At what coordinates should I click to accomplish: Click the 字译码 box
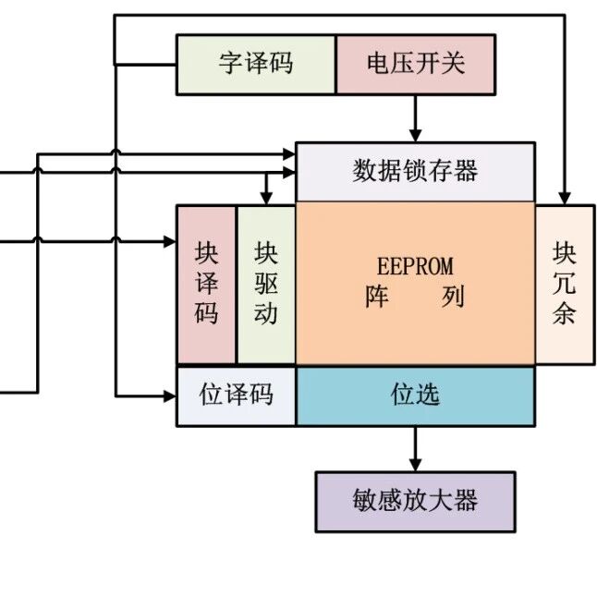point(256,64)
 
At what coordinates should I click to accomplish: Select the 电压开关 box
point(415,64)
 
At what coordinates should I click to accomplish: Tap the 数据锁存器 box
point(415,171)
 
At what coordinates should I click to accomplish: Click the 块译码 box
point(206,284)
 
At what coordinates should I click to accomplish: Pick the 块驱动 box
point(266,284)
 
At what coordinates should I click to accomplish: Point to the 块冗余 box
point(564,284)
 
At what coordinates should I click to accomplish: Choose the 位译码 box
point(237,395)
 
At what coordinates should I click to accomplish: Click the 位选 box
point(415,395)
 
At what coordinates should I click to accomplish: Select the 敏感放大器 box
point(415,501)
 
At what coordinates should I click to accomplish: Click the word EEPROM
point(415,266)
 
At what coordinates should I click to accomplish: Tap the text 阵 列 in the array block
point(415,298)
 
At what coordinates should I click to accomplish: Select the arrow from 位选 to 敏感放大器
point(415,448)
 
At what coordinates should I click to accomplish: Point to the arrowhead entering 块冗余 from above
point(564,199)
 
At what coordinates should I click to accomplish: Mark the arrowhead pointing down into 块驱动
point(266,199)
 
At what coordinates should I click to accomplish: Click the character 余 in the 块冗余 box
point(564,314)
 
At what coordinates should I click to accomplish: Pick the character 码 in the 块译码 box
point(206,314)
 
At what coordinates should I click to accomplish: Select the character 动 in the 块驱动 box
point(266,314)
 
